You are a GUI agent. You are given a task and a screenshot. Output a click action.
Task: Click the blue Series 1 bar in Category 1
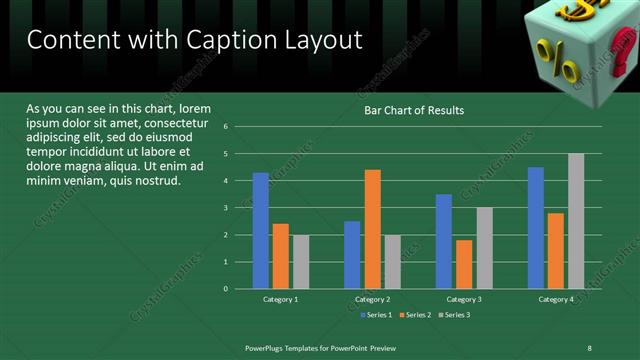tap(260, 230)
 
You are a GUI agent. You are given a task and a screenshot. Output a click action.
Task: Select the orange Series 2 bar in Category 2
tap(372, 229)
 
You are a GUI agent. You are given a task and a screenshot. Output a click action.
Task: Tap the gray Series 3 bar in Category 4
tap(576, 221)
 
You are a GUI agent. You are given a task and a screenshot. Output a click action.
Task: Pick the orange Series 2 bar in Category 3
tap(464, 264)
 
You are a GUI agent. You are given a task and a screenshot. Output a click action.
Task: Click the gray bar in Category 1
tap(300, 261)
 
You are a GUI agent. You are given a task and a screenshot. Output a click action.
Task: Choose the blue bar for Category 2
tap(352, 255)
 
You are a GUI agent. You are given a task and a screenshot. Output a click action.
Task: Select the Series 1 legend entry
tap(375, 315)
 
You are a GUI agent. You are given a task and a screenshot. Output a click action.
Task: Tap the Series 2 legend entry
tap(414, 315)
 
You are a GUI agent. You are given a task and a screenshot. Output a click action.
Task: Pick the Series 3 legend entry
tap(453, 315)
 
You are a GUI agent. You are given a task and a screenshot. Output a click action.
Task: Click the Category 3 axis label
tap(463, 299)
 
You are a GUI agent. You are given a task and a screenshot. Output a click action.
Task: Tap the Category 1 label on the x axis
tap(280, 299)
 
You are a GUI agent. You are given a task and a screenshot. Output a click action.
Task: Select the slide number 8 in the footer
tap(589, 347)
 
